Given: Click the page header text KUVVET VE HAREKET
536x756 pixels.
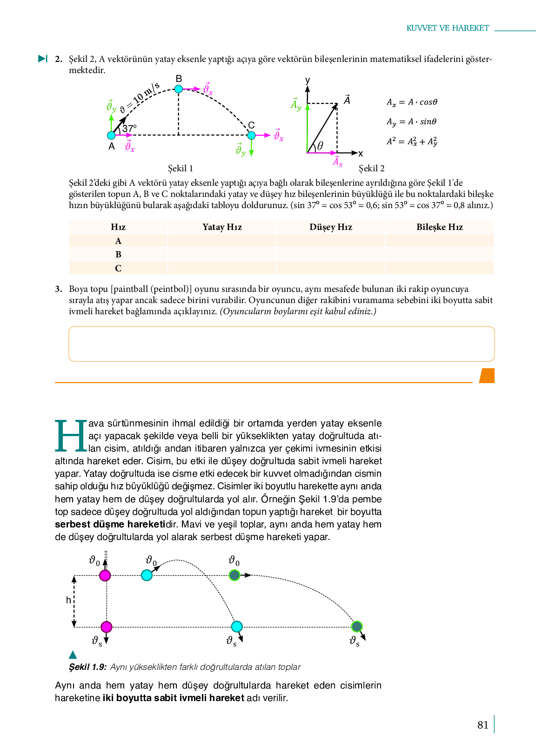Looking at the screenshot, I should (x=448, y=28).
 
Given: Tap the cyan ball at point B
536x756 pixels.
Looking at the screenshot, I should (x=179, y=89).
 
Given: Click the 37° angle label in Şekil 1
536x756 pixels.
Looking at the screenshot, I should (x=129, y=128).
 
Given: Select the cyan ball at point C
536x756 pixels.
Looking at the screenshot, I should (x=251, y=135).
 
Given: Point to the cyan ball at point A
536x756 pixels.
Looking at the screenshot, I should (x=111, y=135).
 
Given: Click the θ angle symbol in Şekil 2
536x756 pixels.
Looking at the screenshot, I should (x=320, y=146).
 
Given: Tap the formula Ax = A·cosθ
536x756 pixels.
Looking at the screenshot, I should (x=412, y=102).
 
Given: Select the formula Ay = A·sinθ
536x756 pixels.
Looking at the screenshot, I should (x=411, y=122).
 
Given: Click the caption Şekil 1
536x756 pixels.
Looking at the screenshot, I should (x=181, y=169).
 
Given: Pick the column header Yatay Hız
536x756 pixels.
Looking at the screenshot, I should (x=222, y=227).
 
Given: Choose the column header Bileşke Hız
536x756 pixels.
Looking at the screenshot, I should (x=439, y=227).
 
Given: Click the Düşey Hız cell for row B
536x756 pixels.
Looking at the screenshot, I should (x=331, y=255).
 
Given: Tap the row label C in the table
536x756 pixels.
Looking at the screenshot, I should (x=118, y=269).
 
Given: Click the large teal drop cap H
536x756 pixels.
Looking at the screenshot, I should (x=71, y=436).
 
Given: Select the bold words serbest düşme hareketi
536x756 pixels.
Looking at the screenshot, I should (x=110, y=525).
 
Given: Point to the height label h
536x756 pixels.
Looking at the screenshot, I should (x=68, y=600).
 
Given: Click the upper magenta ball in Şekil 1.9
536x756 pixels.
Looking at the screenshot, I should (x=105, y=575).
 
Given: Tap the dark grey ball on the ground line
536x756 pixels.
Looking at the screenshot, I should (x=357, y=626).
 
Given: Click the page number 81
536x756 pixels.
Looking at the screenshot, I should (x=483, y=725).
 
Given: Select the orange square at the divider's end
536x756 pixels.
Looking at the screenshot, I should (x=487, y=376).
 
